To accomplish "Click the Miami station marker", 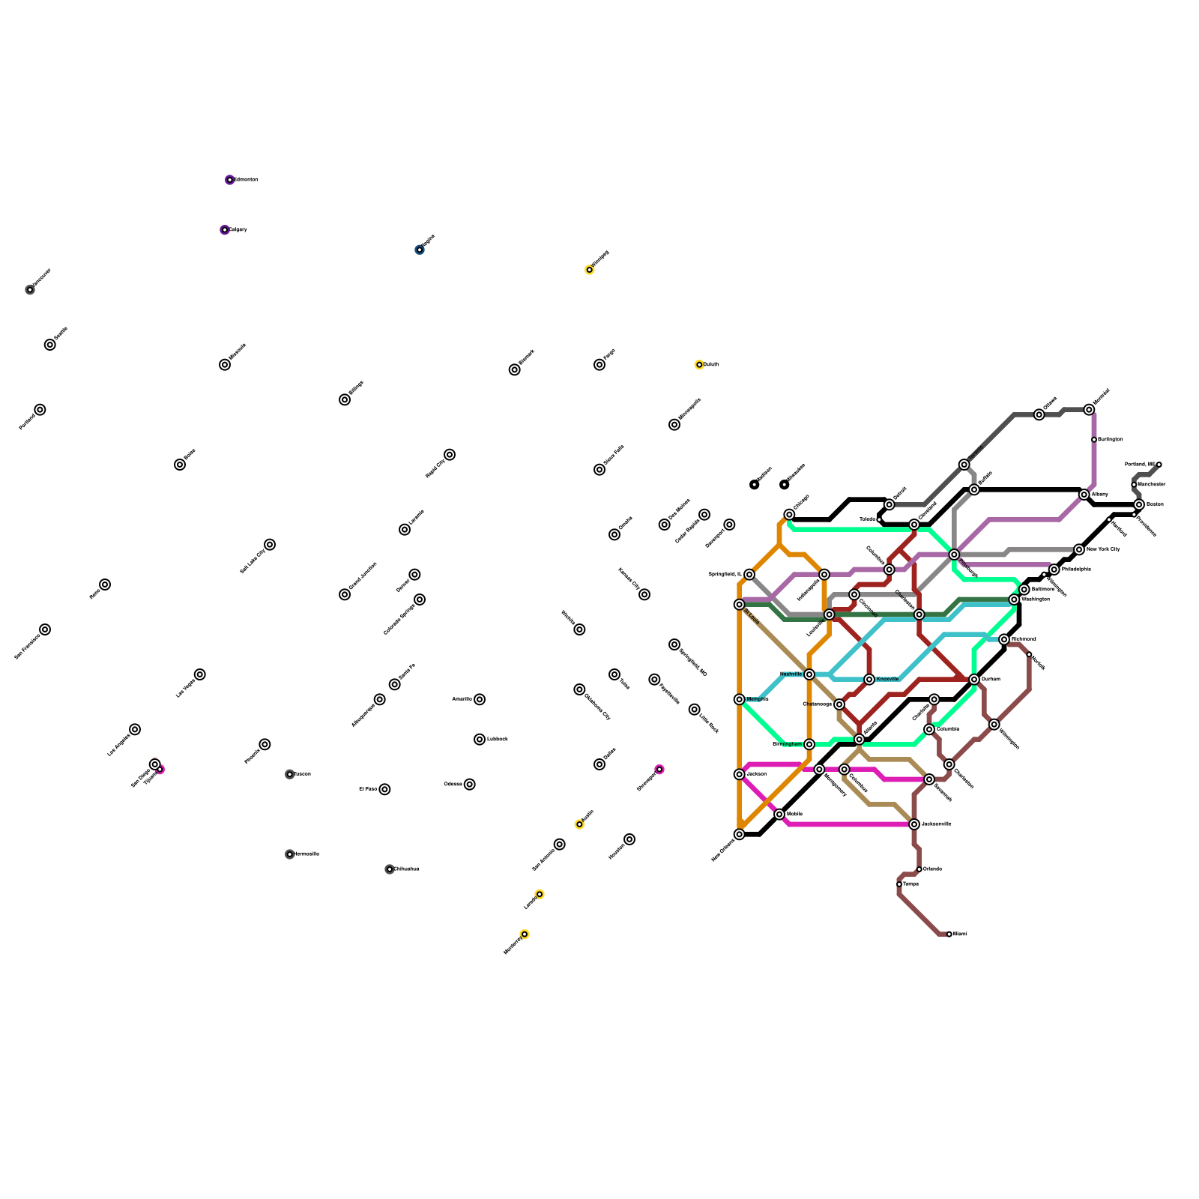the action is tap(949, 934).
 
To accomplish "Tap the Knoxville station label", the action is tap(887, 679).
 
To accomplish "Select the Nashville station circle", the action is tap(809, 674).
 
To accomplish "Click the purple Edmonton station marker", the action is tap(229, 180).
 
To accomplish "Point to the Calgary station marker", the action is tap(224, 230).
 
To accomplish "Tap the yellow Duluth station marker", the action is tap(699, 365).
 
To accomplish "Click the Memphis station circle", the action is tap(740, 699).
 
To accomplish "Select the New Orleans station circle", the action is tap(740, 834).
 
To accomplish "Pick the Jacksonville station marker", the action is tap(914, 824).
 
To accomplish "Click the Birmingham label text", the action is tap(787, 744).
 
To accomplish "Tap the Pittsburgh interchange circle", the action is tap(954, 555).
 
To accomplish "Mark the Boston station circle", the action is tap(1139, 504).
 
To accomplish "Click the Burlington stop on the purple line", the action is tap(1094, 440).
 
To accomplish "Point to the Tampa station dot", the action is tap(899, 884).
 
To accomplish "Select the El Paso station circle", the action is tap(384, 789).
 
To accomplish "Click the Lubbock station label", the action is tap(498, 740).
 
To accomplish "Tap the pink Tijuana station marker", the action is tap(160, 770).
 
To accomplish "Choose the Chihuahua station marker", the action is tap(390, 869).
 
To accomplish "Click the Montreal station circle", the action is tap(1089, 410).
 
